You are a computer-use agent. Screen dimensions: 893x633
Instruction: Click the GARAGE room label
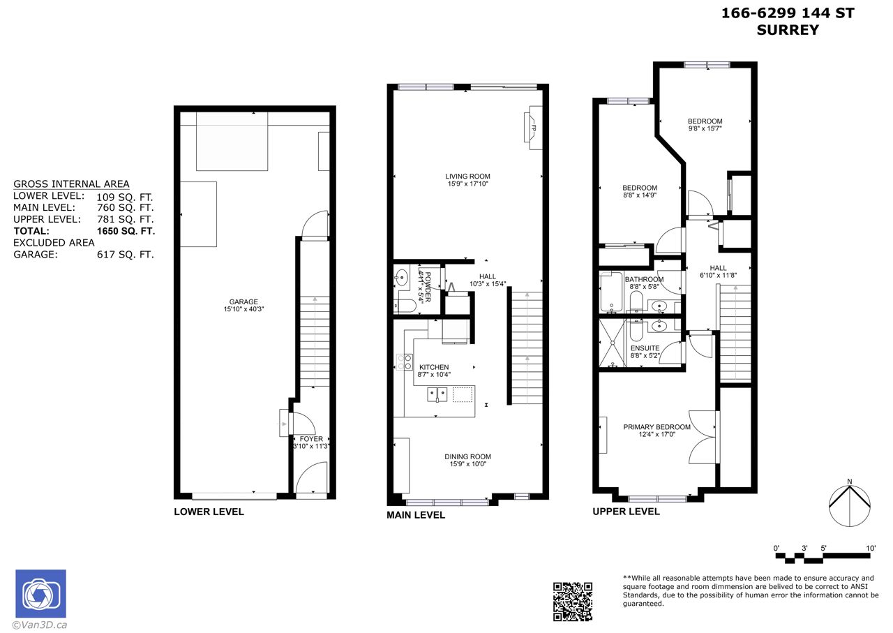click(243, 302)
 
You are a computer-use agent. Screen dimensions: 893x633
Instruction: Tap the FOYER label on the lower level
click(311, 439)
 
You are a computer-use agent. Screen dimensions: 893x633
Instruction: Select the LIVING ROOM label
click(467, 177)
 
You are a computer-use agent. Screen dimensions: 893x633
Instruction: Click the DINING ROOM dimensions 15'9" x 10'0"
click(467, 464)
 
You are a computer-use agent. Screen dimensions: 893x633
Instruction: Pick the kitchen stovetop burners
click(405, 362)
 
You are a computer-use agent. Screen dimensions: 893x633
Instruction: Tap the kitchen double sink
click(437, 395)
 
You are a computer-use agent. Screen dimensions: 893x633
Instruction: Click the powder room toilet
click(405, 306)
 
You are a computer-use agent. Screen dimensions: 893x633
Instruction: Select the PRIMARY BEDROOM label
click(656, 427)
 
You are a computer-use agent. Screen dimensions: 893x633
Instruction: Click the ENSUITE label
click(645, 348)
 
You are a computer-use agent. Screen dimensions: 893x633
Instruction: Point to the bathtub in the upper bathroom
click(611, 292)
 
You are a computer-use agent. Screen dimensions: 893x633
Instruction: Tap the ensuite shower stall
click(613, 343)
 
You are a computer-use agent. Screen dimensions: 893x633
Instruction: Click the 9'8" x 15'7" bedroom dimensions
click(705, 128)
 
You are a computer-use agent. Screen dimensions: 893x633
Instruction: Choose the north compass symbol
click(850, 505)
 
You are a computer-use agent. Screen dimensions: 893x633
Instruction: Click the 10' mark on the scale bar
click(871, 548)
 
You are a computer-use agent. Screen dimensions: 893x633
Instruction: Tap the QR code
click(573, 602)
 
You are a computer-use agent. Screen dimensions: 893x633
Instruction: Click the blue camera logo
click(40, 593)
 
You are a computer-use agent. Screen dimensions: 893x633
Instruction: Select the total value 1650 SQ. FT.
click(126, 231)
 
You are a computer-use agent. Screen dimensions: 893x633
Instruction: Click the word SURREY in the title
click(788, 30)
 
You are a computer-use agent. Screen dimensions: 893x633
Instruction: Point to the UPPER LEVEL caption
click(626, 512)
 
